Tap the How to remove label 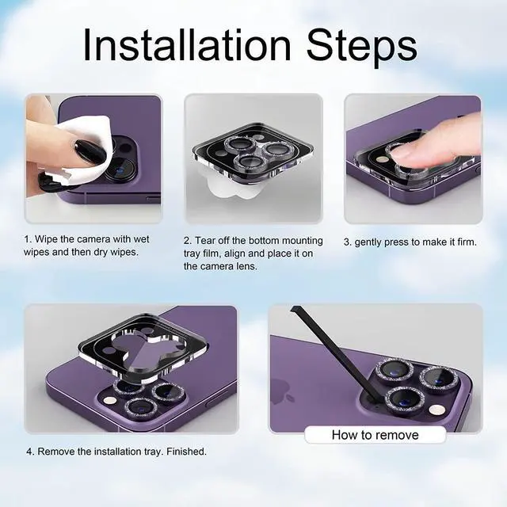[x=375, y=435]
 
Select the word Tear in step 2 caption [x=212, y=240]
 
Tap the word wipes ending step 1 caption [x=122, y=252]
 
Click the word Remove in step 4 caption [x=58, y=452]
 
